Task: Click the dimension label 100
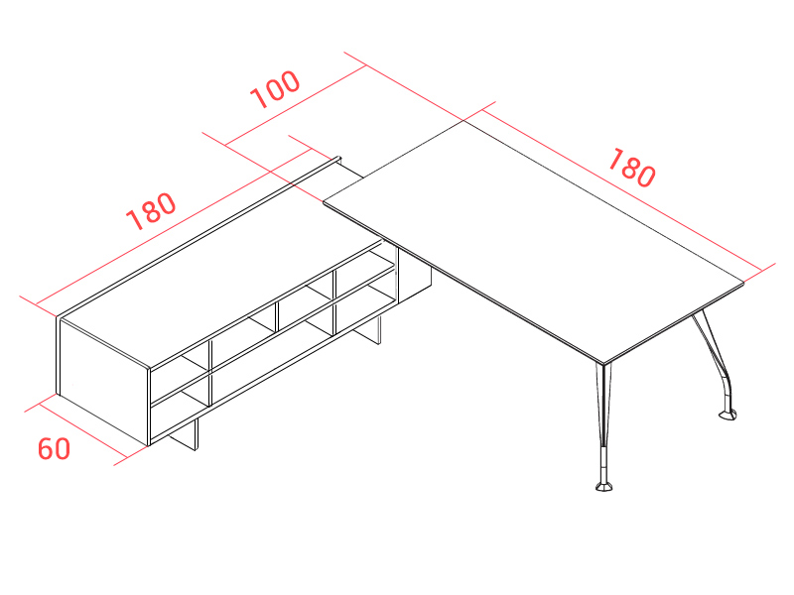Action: (276, 89)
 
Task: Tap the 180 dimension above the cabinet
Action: (151, 211)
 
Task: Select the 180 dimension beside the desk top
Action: (631, 168)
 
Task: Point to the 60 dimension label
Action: (54, 449)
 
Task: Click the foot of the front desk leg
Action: (603, 487)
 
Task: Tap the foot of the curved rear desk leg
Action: (728, 416)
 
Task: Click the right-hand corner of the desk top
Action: (743, 284)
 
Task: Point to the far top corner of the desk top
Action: (463, 120)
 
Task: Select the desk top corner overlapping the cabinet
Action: (324, 202)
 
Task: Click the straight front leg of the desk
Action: (603, 426)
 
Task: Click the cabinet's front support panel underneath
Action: (184, 434)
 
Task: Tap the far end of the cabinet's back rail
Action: (338, 159)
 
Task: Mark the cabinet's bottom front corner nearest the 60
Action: (148, 445)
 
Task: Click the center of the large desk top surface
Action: (534, 242)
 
